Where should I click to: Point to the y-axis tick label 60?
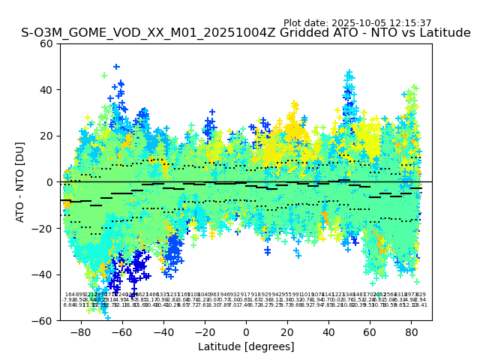click(47, 43)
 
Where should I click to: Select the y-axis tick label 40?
click(47, 90)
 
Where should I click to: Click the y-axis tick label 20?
click(47, 136)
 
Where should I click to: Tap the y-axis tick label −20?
click(44, 228)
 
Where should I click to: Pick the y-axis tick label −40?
click(44, 274)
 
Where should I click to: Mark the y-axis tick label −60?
click(44, 320)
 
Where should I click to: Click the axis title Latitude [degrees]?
click(246, 346)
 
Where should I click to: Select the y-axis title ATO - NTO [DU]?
click(21, 182)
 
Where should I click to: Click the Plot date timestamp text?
click(357, 23)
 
